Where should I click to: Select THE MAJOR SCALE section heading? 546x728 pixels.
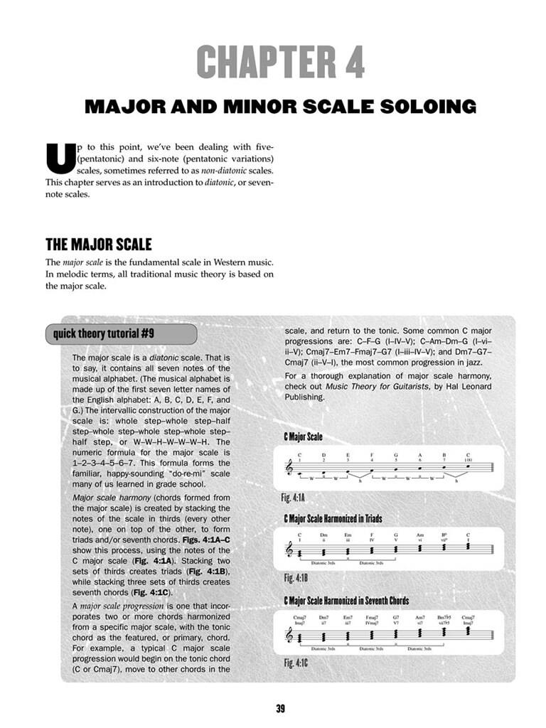tap(99, 245)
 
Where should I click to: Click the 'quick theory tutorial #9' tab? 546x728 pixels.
tap(120, 333)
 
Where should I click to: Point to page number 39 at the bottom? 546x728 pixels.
tap(280, 708)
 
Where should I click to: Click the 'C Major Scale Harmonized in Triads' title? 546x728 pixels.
tap(333, 518)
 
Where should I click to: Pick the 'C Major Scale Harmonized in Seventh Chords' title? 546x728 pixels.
tap(346, 601)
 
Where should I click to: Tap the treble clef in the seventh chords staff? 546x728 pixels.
tap(289, 635)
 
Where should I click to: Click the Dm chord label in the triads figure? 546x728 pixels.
tap(323, 535)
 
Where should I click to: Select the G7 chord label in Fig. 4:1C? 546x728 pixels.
tap(395, 618)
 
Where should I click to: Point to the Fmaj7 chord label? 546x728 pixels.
tap(372, 618)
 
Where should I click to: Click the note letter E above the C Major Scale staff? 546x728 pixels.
tap(348, 455)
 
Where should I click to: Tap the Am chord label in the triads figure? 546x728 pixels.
tap(420, 535)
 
